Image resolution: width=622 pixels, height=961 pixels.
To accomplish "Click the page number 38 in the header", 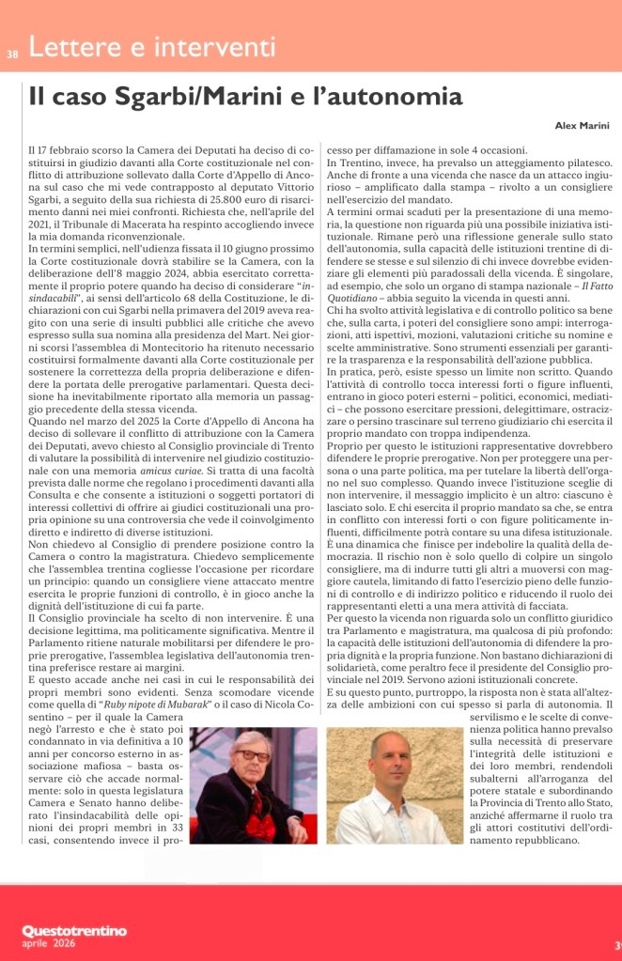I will coord(12,53).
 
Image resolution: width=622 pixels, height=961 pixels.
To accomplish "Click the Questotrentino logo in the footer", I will coord(74,930).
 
